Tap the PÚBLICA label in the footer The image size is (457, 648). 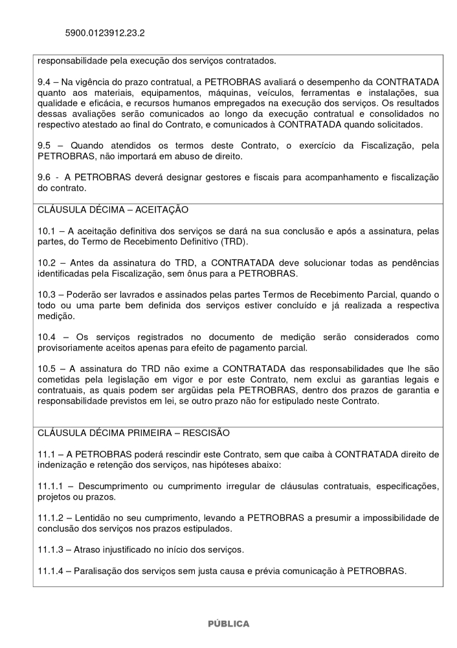point(228,623)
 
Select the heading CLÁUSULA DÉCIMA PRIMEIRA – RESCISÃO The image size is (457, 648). point(133,432)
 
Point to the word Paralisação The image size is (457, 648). point(101,571)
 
